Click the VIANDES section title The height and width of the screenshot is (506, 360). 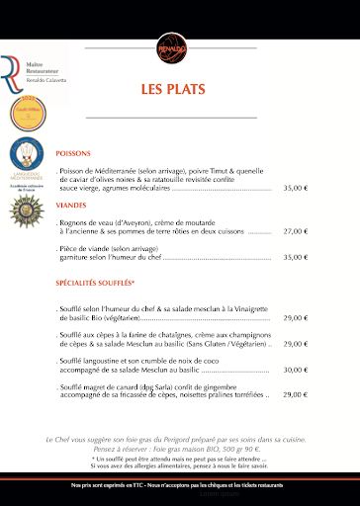click(71, 206)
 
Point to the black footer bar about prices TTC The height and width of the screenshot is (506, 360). click(179, 487)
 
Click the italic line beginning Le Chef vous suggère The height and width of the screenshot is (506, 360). click(181, 439)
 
